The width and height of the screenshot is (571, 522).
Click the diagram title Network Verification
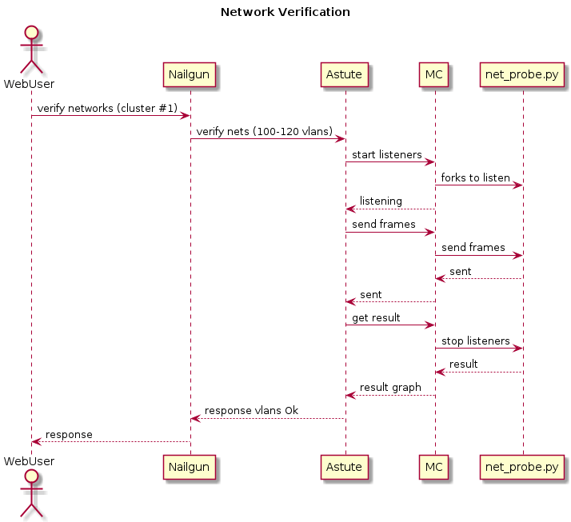(285, 12)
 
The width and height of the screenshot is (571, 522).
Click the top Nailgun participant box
(190, 75)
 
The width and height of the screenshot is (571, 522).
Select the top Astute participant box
(345, 75)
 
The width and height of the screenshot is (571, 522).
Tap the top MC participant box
(435, 75)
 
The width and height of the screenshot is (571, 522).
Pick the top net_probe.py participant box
(522, 75)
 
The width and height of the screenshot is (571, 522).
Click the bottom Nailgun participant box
(190, 467)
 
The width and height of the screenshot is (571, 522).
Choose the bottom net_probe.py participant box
(522, 467)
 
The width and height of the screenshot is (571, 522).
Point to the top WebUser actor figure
(31, 52)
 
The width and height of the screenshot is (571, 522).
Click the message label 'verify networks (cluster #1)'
(107, 108)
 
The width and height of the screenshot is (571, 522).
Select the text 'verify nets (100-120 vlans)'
(265, 131)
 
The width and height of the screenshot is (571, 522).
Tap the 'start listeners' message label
(387, 154)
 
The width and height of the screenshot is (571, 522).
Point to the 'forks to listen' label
(476, 177)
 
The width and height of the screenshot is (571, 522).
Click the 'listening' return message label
(381, 201)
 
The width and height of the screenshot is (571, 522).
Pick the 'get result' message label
(376, 317)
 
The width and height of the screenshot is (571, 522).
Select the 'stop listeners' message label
(476, 341)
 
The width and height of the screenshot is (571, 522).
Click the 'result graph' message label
(390, 387)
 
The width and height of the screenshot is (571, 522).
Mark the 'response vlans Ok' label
(251, 410)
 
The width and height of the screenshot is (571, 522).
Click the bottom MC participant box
(435, 467)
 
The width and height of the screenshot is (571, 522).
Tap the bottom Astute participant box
(345, 467)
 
